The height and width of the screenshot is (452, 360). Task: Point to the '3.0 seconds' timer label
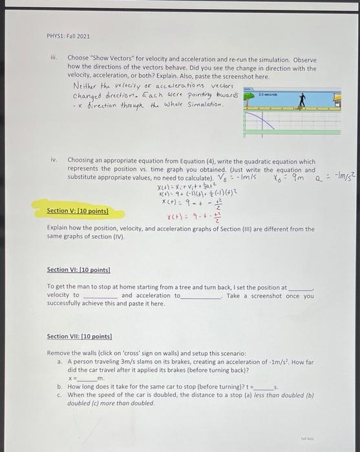[268, 94]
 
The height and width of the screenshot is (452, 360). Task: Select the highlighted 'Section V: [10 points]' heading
[78, 211]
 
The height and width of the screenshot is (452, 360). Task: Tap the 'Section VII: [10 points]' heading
[79, 336]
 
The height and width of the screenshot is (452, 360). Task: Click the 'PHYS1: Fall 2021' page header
[68, 36]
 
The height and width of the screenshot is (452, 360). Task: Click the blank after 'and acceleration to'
[201, 296]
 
